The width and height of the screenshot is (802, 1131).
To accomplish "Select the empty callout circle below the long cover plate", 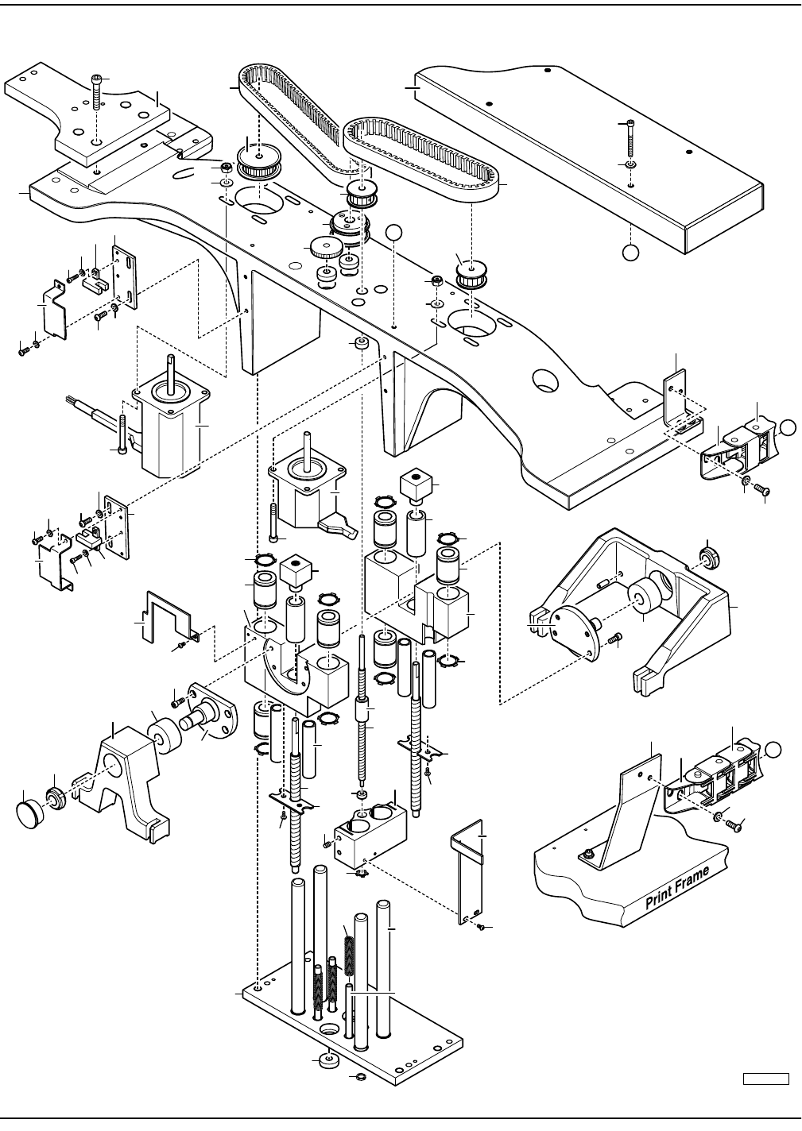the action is pos(630,253).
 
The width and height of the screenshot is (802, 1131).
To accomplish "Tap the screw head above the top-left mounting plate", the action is pos(96,79).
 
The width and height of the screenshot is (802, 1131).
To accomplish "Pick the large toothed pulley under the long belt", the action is pos(259,160).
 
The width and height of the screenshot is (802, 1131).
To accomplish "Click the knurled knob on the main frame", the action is pos(324,248).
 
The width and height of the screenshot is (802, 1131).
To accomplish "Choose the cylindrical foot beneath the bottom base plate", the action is pos(329,1059).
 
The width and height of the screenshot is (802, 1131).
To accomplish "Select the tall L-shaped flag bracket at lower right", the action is pos(468,871).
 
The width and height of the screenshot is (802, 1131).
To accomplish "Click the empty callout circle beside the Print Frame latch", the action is pos(773,750).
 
